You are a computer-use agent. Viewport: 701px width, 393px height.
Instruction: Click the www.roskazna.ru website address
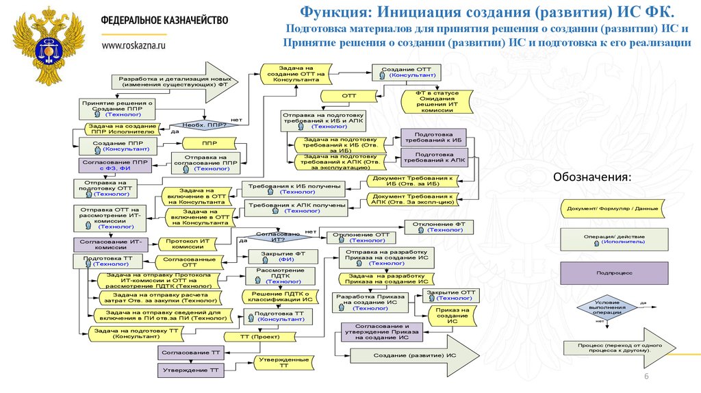[134, 45]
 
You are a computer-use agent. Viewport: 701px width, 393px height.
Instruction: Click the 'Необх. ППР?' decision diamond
[205, 125]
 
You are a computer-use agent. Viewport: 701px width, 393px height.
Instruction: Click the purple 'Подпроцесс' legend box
[614, 272]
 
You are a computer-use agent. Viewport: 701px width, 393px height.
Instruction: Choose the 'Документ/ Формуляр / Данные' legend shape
[613, 208]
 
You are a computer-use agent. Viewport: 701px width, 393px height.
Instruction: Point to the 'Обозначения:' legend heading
[593, 177]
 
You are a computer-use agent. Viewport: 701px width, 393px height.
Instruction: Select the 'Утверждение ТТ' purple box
[191, 370]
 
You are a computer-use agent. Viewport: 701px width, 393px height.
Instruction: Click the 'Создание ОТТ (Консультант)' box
[407, 72]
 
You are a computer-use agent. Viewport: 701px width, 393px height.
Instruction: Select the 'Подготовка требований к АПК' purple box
[433, 158]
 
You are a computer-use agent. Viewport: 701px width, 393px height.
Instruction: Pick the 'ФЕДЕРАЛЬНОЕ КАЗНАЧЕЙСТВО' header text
[164, 21]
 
